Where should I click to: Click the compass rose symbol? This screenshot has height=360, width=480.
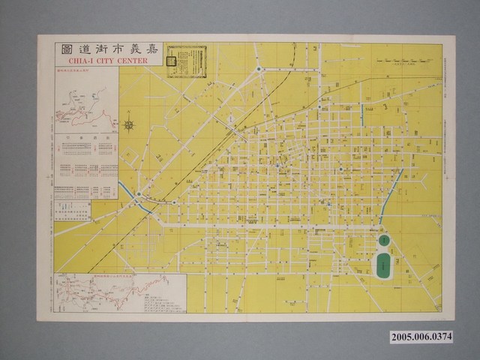(128, 125)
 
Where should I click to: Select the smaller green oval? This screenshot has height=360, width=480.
(383, 240)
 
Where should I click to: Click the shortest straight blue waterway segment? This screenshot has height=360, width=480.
(361, 114)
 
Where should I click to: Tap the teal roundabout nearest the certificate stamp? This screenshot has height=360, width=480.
(259, 70)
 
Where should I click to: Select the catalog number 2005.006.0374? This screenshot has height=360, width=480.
(421, 337)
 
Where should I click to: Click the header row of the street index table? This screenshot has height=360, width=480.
(85, 137)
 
